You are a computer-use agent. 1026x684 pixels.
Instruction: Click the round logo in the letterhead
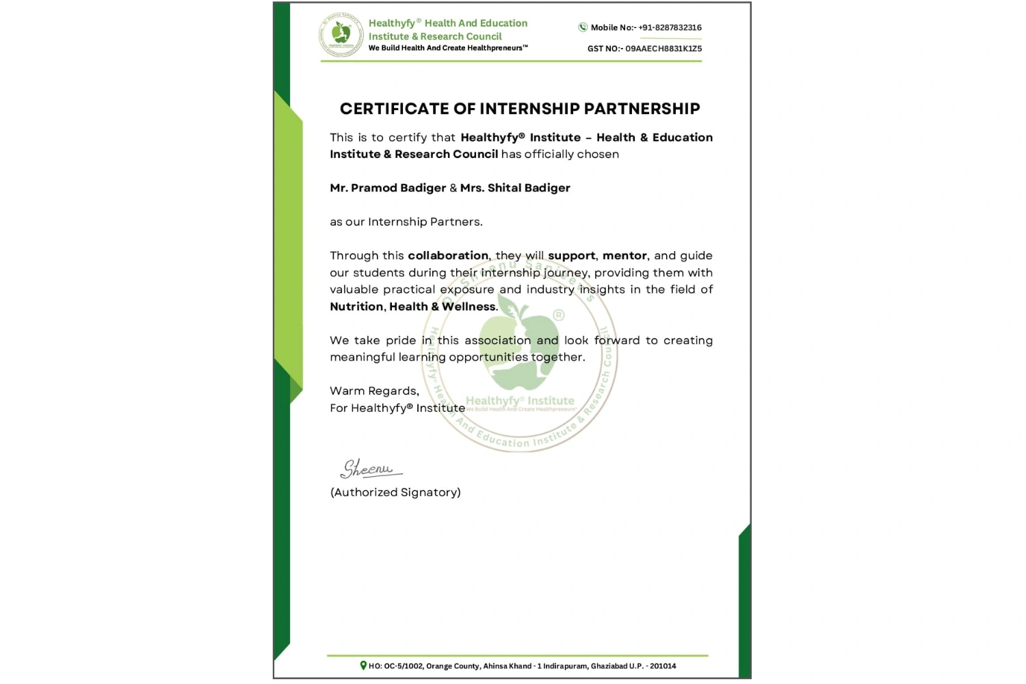(341, 35)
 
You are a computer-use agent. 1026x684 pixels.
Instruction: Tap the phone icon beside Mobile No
(583, 27)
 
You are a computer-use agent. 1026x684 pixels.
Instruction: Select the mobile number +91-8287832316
(670, 28)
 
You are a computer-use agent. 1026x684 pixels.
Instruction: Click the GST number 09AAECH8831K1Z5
(663, 49)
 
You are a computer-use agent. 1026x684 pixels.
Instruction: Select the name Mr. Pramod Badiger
(388, 188)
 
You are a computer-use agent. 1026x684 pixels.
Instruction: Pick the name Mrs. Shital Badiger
(515, 188)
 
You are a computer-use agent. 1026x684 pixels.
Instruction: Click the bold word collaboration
(448, 256)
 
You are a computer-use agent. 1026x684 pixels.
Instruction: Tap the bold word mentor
(624, 256)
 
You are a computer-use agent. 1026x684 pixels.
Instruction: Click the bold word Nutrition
(356, 306)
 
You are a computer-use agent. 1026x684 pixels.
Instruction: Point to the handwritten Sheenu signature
(369, 469)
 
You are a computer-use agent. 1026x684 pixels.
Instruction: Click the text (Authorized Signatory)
(395, 492)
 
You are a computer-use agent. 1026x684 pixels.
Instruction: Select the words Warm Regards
(374, 391)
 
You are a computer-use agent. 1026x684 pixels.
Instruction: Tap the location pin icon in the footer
(363, 666)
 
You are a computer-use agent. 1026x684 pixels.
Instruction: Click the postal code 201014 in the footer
(663, 666)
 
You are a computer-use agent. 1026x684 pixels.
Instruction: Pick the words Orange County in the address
(452, 666)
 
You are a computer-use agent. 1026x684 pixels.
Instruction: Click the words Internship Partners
(424, 222)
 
